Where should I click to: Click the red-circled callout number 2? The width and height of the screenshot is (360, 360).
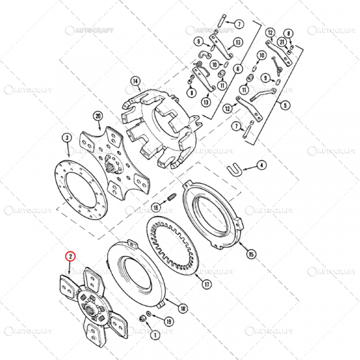[x=71, y=256]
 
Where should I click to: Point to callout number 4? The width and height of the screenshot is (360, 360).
[x=262, y=164]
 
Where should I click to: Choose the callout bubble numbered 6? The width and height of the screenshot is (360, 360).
[x=238, y=70]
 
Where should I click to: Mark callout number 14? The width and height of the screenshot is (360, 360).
[x=135, y=82]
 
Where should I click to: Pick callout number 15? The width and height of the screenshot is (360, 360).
[x=251, y=256]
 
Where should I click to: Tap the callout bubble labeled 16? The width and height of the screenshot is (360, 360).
[x=155, y=207]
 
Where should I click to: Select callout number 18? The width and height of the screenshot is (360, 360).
[x=184, y=308]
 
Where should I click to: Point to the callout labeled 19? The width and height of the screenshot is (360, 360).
[x=169, y=322]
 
